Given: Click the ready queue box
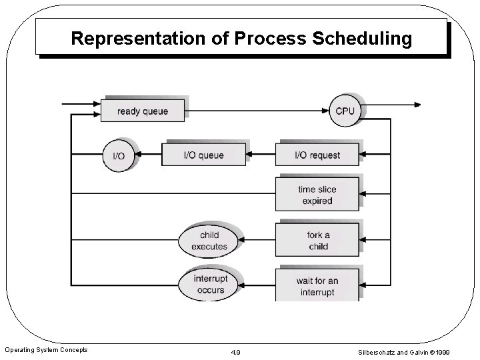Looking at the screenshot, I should [143, 111].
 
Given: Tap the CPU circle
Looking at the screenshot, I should [345, 111].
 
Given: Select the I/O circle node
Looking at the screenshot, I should [118, 155].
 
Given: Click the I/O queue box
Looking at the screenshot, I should [204, 155].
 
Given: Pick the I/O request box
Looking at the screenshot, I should [317, 155].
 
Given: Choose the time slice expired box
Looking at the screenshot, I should [317, 195].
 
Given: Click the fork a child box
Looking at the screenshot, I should [317, 240].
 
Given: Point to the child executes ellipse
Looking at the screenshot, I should [209, 241].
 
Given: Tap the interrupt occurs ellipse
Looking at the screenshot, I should [210, 285].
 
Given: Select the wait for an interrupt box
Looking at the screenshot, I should [317, 286].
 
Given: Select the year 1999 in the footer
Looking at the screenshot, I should [459, 351].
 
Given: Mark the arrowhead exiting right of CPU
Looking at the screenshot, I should [417, 105].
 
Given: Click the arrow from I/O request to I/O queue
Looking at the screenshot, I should [261, 155].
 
